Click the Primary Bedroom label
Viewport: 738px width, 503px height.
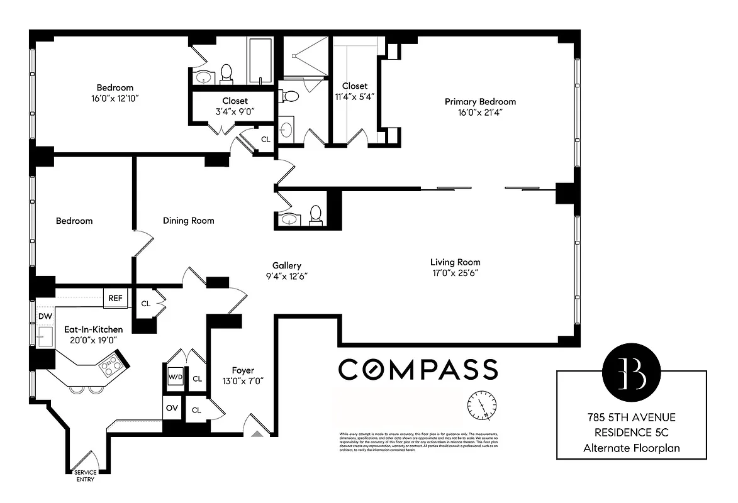coord(480,102)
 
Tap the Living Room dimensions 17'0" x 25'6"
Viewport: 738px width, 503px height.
coord(455,274)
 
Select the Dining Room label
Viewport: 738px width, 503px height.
coord(188,221)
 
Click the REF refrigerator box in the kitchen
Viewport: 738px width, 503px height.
coord(116,298)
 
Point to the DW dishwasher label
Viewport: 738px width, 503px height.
coord(45,316)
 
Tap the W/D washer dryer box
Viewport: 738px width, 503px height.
coord(174,377)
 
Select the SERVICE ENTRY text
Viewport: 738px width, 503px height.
coord(84,476)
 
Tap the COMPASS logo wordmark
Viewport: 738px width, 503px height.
coord(418,370)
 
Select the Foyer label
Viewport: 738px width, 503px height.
coord(243,371)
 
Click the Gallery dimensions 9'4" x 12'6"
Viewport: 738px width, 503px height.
coord(286,276)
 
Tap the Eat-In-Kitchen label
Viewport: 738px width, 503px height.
coord(93,329)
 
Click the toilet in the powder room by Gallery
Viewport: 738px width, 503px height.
coord(316,215)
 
